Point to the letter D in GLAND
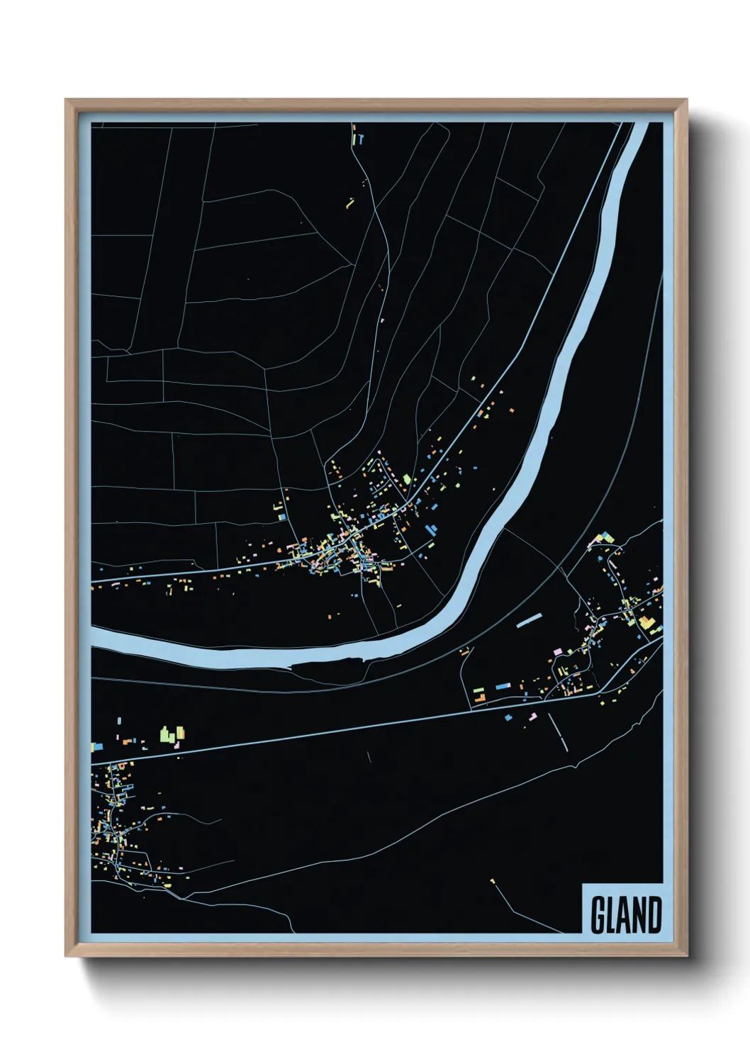[654, 915]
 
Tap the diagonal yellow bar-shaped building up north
[349, 203]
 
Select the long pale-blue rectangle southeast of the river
[529, 621]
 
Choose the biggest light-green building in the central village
[407, 480]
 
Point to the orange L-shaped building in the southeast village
[481, 698]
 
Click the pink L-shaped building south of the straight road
[532, 717]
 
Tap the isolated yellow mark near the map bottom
[492, 881]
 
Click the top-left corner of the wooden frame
[68, 101]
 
